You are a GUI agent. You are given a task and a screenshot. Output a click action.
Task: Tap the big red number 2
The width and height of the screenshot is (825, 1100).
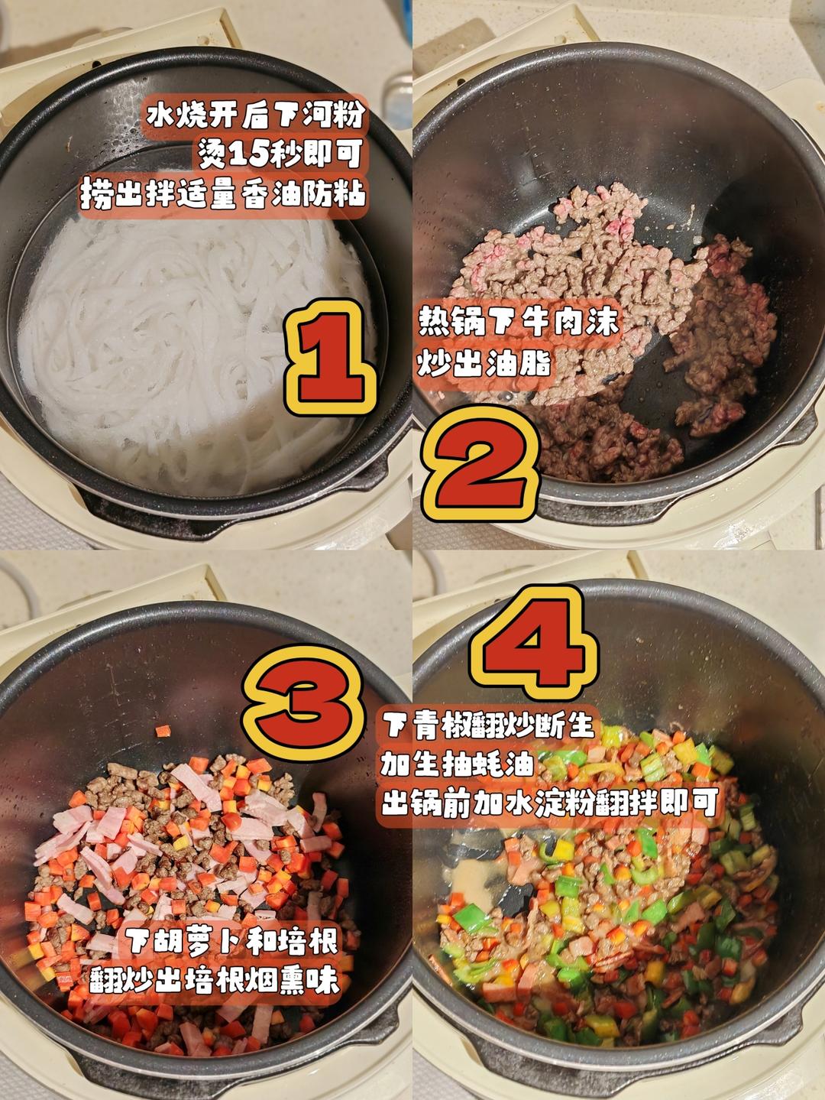[480, 469]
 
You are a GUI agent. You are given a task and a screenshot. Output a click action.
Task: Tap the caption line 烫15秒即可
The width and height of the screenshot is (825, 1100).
[280, 154]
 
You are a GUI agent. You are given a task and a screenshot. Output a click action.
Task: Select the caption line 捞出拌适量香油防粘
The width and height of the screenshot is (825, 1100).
[223, 193]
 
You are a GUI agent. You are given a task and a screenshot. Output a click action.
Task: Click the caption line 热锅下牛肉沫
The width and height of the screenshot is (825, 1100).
[519, 322]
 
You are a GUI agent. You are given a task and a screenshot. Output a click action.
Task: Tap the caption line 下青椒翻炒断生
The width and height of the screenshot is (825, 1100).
[489, 725]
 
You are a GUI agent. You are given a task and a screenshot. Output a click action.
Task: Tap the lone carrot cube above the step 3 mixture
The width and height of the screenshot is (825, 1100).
[163, 731]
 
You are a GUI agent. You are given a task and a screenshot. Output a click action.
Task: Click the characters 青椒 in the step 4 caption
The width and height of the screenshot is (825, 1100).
[442, 725]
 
